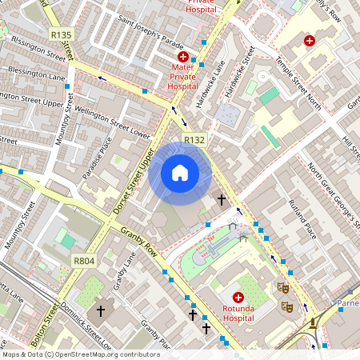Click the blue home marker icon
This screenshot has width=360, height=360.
(180, 172)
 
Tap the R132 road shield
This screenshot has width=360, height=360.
(194, 140)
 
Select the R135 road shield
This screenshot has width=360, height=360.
(61, 34)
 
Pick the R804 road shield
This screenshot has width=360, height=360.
(84, 261)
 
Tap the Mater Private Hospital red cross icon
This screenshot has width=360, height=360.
(183, 58)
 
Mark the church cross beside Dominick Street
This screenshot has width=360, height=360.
(101, 310)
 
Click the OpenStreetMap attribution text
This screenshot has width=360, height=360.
(81, 354)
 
